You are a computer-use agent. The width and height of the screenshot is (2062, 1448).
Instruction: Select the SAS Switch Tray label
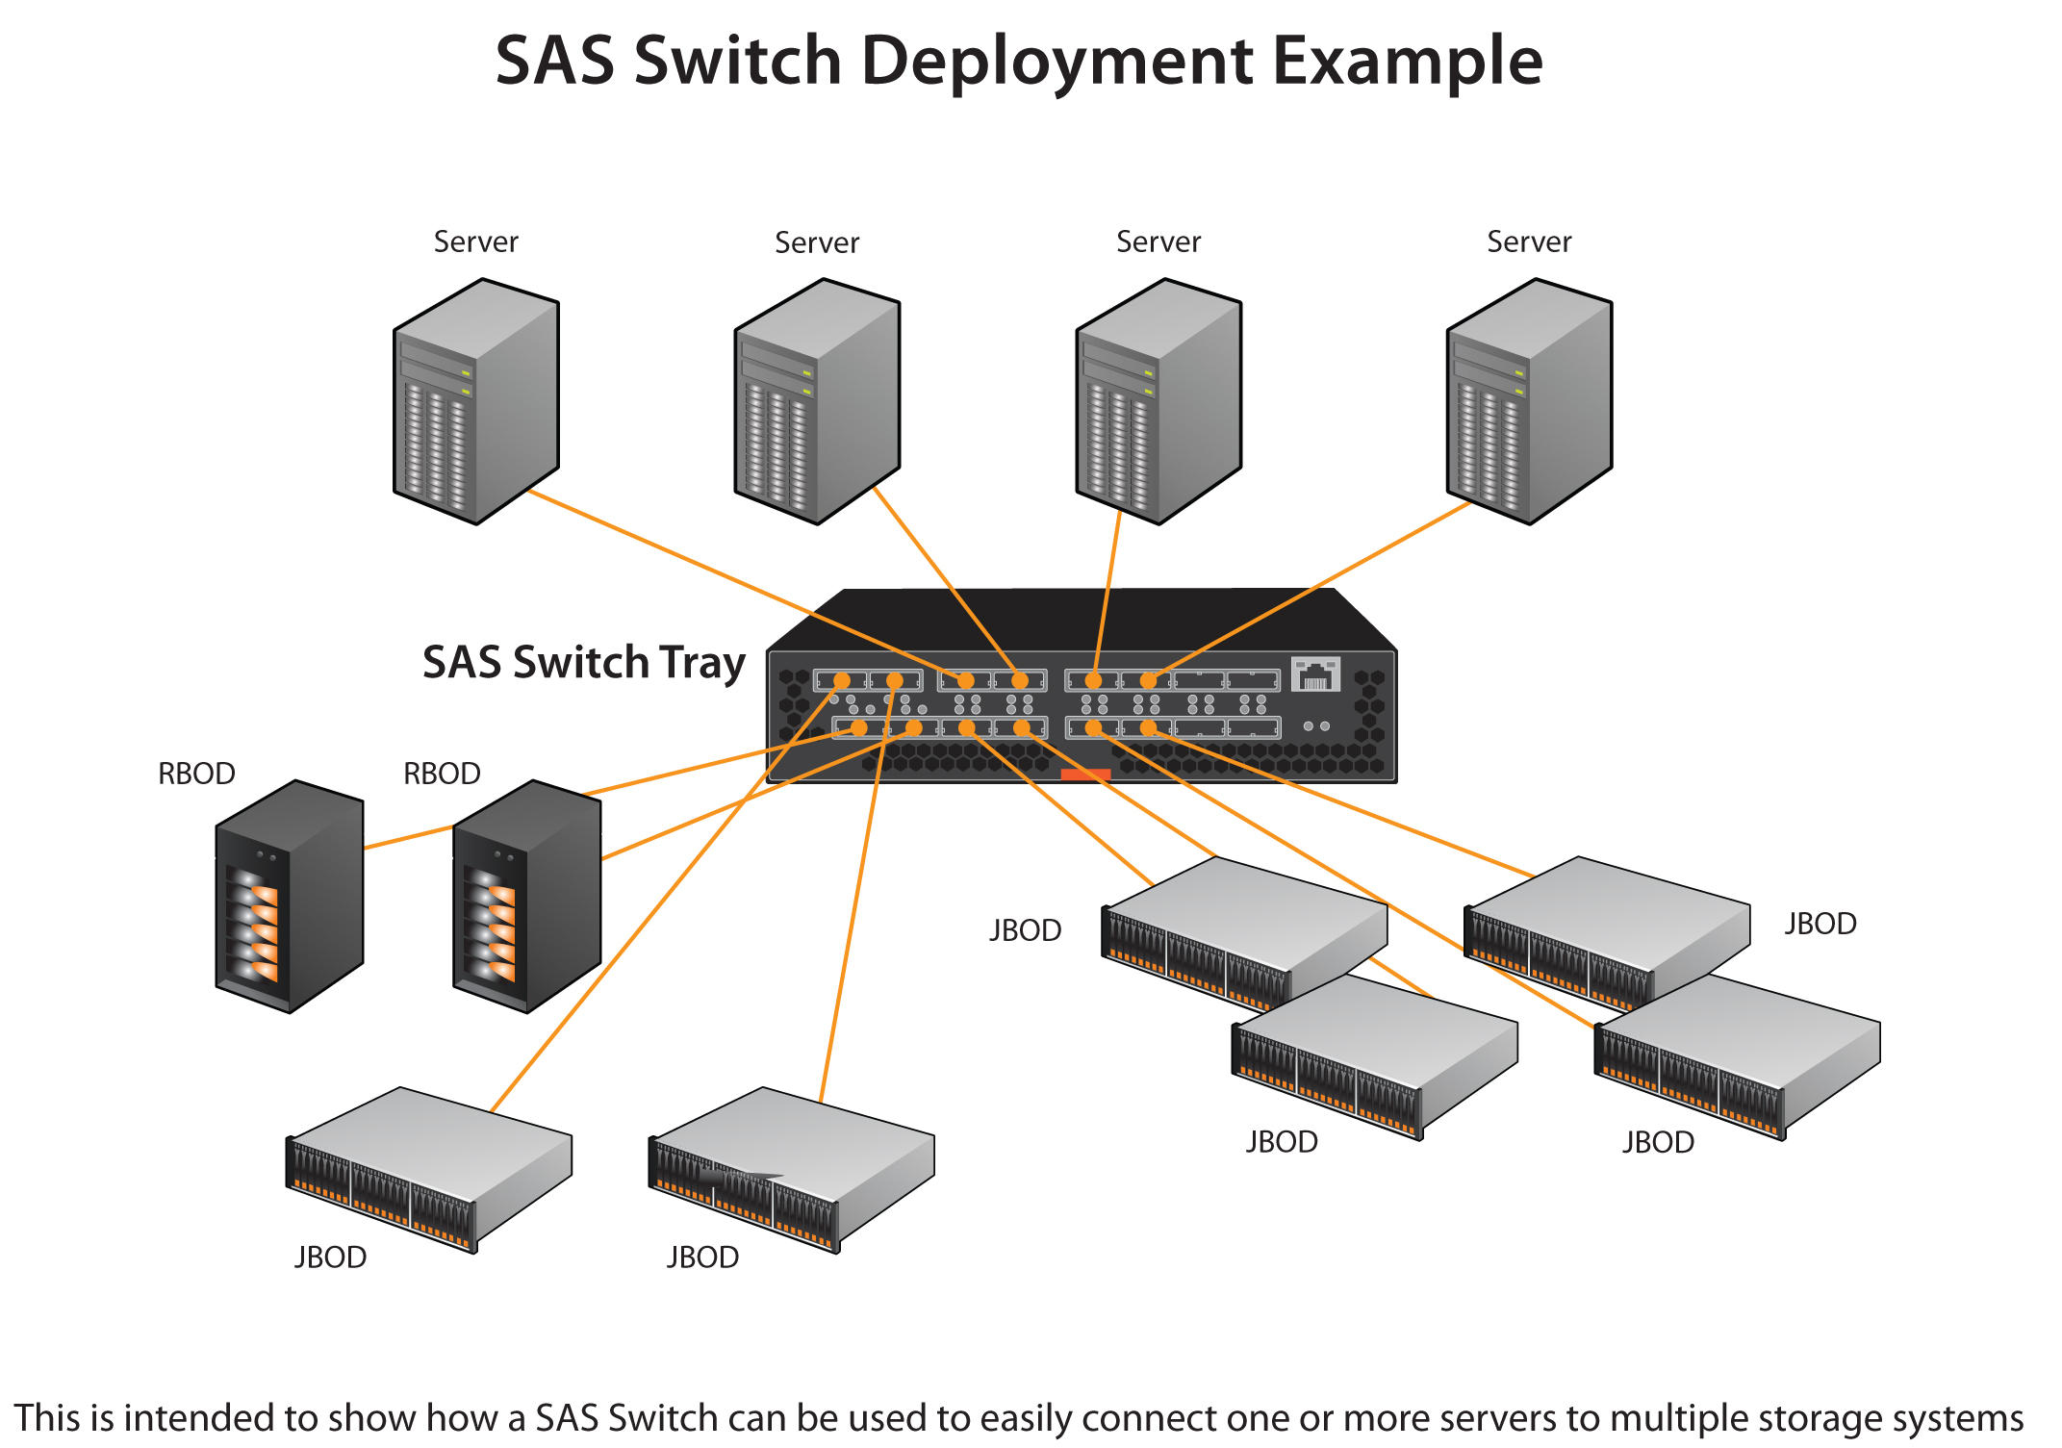click(x=583, y=663)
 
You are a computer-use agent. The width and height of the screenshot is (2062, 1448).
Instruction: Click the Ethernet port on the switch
click(x=1315, y=674)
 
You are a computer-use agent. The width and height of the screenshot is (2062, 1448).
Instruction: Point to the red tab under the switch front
click(x=1085, y=774)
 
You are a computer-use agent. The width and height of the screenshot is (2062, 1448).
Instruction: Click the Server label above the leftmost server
click(x=475, y=241)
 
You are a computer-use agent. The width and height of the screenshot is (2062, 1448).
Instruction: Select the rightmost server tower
click(x=1529, y=401)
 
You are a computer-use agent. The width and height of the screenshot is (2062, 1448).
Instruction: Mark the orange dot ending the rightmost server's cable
click(x=1148, y=680)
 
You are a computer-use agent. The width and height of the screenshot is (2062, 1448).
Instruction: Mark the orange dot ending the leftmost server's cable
click(x=965, y=680)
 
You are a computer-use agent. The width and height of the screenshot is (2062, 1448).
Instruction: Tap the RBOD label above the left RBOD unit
click(x=196, y=774)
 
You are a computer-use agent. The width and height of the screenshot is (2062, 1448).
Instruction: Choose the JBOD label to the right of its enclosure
click(x=1820, y=924)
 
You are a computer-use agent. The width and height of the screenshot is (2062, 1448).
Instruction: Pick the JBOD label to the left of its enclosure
click(x=1026, y=930)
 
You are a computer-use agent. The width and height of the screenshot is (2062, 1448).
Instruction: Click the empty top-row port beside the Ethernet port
click(x=1253, y=680)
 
